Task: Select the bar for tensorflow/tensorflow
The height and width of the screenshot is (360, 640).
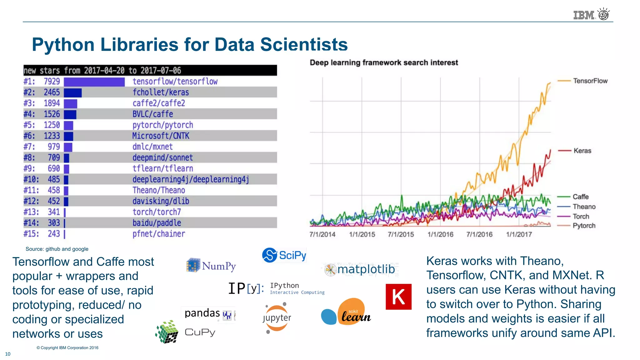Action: pos(94,82)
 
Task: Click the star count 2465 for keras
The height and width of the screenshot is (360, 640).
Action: pos(52,92)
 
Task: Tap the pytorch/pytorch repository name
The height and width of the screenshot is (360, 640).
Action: pos(162,125)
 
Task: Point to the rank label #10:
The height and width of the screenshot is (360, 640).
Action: pos(31,179)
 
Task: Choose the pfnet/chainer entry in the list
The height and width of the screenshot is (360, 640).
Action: pos(158,234)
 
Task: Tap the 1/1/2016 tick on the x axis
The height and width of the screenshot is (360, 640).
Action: pos(440,234)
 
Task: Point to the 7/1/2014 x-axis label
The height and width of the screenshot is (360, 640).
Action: pos(322,234)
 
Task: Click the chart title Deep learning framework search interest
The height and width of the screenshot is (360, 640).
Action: pos(383,62)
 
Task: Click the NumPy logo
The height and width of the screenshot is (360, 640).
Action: pos(211,266)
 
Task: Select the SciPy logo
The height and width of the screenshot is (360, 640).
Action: pos(284,255)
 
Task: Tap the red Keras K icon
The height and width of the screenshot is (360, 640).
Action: pos(398,297)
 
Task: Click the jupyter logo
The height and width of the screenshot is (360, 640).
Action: pos(277,317)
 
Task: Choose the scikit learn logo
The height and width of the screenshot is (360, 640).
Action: pos(346,312)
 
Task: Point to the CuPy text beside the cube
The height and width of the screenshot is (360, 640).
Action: pos(200,332)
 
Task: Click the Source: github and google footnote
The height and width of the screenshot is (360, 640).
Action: pos(57,249)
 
